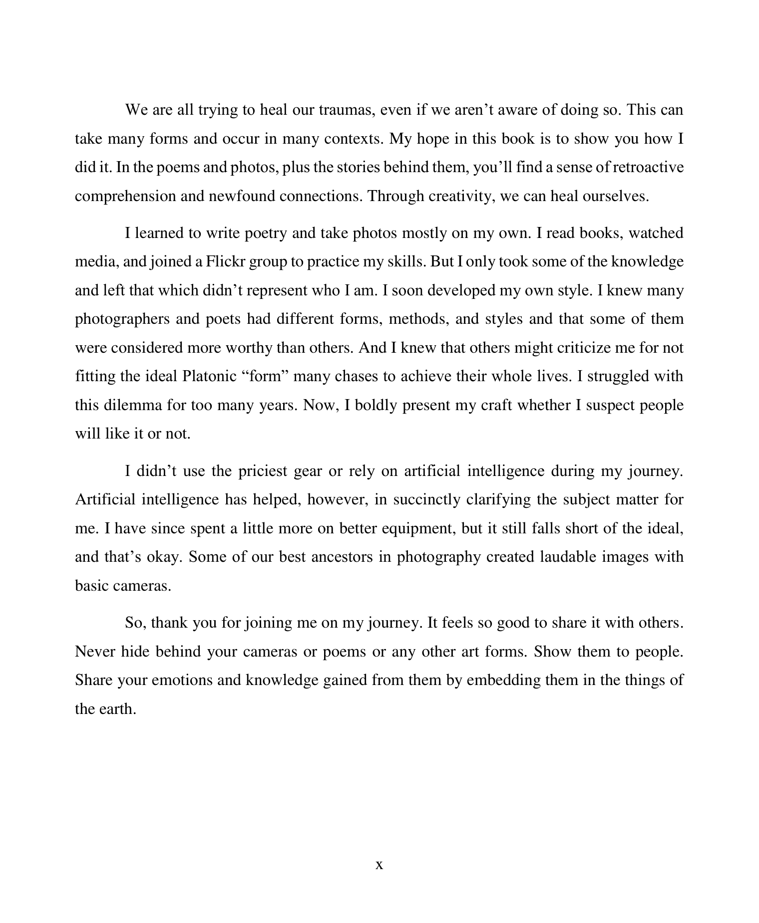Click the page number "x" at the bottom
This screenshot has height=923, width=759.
(379, 865)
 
